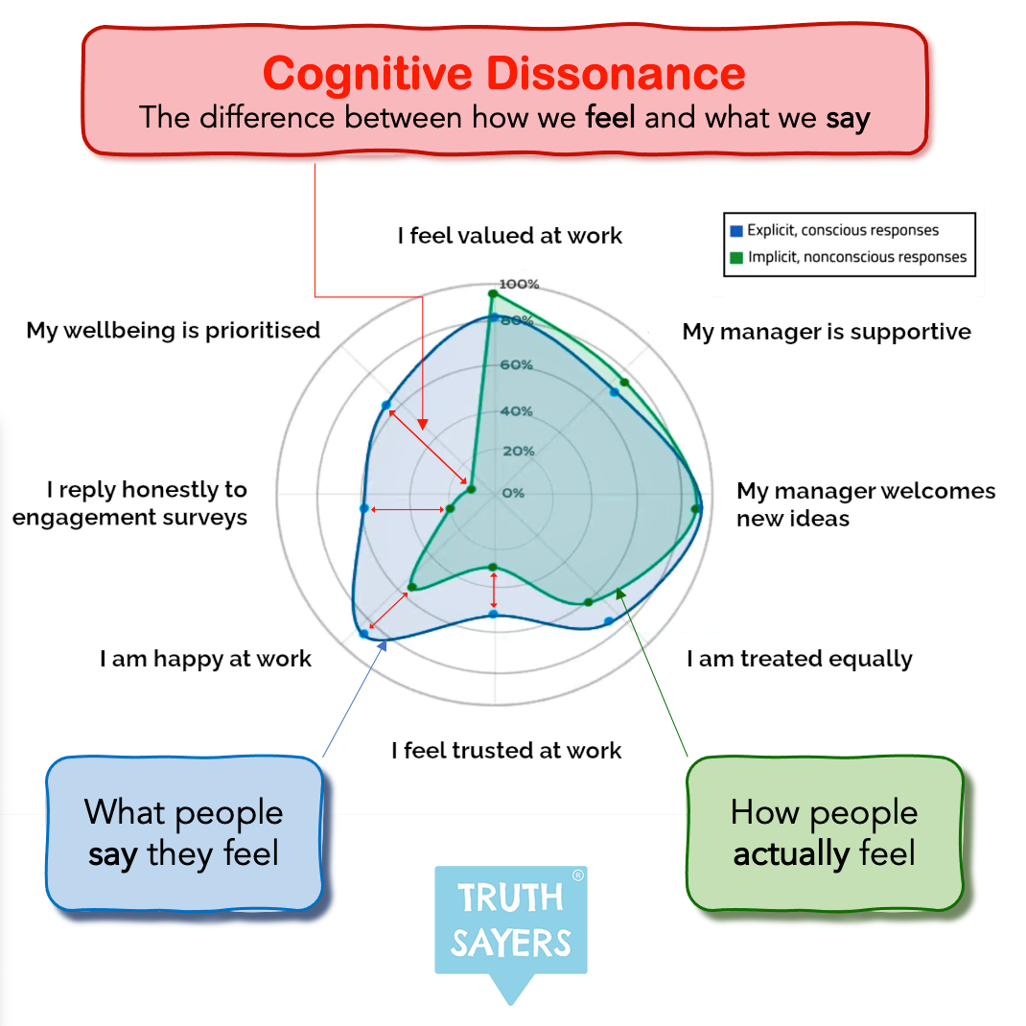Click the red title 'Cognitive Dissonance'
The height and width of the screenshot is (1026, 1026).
tap(504, 75)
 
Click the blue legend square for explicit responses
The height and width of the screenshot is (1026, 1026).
tap(736, 231)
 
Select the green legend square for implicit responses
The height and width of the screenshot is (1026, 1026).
tap(736, 257)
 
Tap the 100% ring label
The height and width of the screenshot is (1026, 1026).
tap(520, 285)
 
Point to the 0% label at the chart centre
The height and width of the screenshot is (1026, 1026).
tap(513, 493)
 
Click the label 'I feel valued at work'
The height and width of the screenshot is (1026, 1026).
tap(510, 236)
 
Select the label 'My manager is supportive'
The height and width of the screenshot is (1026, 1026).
tap(827, 332)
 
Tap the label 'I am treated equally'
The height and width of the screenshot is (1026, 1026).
tap(800, 660)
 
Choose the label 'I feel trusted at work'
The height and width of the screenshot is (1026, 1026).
tap(506, 751)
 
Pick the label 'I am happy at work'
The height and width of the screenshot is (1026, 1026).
tap(206, 660)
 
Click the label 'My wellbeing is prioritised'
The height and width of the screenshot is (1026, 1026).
tap(174, 331)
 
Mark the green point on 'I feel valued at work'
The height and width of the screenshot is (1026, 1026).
tap(493, 293)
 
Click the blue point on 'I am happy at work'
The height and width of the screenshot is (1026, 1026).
tap(363, 635)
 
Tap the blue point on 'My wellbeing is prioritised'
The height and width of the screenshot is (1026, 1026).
tap(386, 406)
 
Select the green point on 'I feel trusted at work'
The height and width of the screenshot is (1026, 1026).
tap(493, 567)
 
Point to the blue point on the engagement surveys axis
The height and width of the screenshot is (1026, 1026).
tap(363, 508)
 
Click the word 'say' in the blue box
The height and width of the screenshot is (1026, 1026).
tap(113, 854)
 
